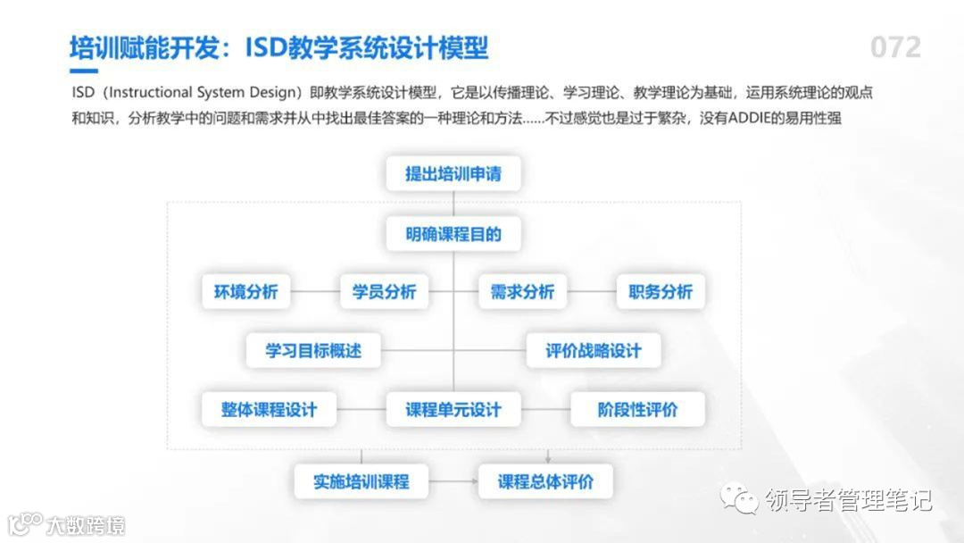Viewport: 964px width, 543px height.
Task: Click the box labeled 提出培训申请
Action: pos(453,173)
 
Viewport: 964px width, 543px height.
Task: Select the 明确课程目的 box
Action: pos(453,235)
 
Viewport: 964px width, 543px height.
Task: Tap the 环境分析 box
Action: pos(245,292)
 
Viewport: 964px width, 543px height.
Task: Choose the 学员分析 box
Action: pos(384,292)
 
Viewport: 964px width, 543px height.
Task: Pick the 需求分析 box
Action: pos(522,292)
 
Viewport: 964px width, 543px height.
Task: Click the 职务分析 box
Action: pos(661,292)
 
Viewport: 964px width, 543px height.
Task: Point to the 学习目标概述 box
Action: pos(313,350)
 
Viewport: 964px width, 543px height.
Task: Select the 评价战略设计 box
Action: pos(594,350)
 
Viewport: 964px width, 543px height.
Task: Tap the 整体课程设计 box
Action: pos(269,410)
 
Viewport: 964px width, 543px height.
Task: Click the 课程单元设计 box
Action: pos(453,410)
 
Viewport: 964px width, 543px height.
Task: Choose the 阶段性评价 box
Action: pos(637,410)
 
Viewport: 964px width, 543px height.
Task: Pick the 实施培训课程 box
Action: pos(361,481)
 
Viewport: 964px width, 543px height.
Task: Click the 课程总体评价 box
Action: pos(545,481)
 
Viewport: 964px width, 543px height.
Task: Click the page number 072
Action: pos(895,47)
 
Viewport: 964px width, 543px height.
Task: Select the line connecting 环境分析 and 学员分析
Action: pos(315,292)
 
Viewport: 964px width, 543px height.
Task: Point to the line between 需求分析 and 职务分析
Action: pos(592,292)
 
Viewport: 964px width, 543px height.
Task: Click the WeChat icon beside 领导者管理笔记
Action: pos(740,499)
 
